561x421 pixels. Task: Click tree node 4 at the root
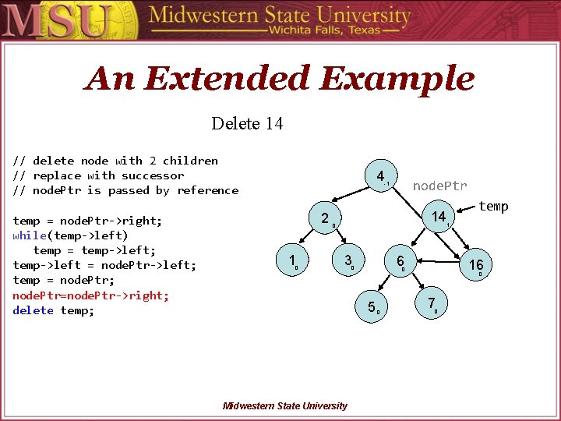pyautogui.click(x=380, y=177)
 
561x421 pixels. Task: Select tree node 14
pyautogui.click(x=439, y=217)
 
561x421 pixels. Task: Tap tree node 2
pyautogui.click(x=325, y=219)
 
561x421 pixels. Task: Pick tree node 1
pyautogui.click(x=291, y=261)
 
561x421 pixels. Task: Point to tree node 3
pyautogui.click(x=348, y=260)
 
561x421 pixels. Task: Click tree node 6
pyautogui.click(x=400, y=261)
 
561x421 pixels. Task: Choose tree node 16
pyautogui.click(x=476, y=265)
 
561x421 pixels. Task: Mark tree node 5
pyautogui.click(x=372, y=307)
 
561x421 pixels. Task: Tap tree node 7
pyautogui.click(x=432, y=304)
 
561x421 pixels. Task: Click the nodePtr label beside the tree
pyautogui.click(x=439, y=186)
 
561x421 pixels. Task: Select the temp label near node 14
pyautogui.click(x=493, y=206)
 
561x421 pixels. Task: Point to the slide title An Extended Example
pyautogui.click(x=280, y=79)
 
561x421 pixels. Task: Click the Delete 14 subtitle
pyautogui.click(x=247, y=123)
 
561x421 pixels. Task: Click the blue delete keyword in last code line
pyautogui.click(x=33, y=310)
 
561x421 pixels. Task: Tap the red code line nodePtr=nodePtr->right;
pyautogui.click(x=90, y=295)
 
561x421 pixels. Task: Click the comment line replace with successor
pyautogui.click(x=98, y=175)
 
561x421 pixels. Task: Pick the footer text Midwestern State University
pyautogui.click(x=285, y=405)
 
